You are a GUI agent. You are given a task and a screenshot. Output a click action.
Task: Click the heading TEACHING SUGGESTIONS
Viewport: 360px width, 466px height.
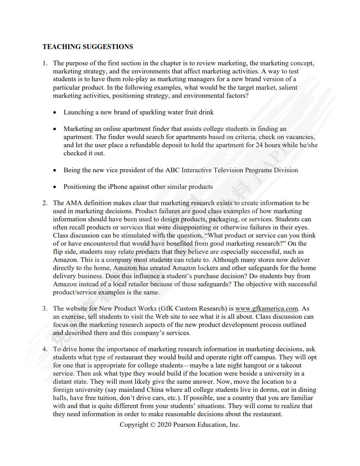tap(88, 47)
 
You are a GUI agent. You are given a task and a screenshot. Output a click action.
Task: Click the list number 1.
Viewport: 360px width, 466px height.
tap(44, 63)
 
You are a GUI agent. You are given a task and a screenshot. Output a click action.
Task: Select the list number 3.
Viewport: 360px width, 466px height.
tap(44, 309)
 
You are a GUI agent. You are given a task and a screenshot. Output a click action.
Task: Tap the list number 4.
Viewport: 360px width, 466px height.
tap(44, 349)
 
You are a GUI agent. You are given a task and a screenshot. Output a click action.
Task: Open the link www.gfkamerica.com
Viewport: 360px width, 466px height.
tap(266, 309)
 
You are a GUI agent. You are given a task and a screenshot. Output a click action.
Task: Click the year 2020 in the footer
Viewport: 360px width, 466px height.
tap(164, 425)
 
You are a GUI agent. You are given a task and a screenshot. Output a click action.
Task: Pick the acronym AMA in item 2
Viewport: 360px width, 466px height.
tap(74, 203)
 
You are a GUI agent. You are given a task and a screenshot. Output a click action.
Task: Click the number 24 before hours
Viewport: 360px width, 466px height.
tap(259, 145)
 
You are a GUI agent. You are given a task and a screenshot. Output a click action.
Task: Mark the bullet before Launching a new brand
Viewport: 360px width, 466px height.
tap(55, 113)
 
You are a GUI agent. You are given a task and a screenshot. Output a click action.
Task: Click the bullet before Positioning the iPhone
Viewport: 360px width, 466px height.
tap(55, 187)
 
